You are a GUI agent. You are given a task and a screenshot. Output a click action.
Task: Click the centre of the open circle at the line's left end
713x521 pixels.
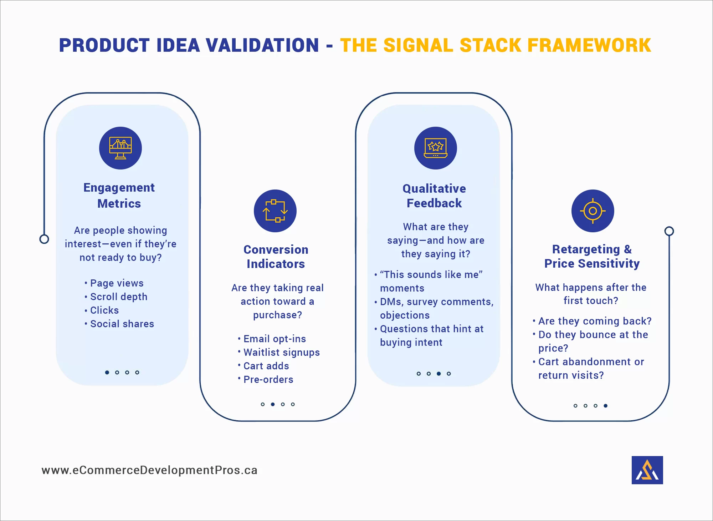44,239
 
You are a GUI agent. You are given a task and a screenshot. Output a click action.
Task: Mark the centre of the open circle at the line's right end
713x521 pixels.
669,231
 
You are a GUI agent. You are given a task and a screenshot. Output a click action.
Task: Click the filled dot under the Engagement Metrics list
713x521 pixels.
107,372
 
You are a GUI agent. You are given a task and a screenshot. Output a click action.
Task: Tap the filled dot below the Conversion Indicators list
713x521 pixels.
273,404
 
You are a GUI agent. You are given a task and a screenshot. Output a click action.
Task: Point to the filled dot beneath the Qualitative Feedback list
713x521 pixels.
439,374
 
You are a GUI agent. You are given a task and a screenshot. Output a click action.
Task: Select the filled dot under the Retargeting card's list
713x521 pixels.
606,406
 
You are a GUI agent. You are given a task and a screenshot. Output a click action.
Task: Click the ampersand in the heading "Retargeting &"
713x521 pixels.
628,249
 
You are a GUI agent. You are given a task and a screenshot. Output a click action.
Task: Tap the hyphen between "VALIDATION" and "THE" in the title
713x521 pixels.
329,46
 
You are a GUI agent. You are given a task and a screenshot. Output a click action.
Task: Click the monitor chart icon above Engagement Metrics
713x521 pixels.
120,148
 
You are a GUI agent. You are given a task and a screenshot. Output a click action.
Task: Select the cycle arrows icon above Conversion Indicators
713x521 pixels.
275,211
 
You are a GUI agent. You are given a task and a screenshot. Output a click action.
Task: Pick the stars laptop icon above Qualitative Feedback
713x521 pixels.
436,148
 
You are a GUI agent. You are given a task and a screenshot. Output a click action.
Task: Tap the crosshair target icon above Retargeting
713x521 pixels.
593,211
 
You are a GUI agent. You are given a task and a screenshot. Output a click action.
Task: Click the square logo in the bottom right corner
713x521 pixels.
647,470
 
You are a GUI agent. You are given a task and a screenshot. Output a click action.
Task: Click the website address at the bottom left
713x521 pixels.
149,470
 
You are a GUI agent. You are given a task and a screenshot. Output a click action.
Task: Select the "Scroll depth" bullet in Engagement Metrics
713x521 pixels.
116,297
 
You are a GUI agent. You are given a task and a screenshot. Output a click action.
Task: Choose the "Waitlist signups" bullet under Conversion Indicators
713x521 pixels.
279,353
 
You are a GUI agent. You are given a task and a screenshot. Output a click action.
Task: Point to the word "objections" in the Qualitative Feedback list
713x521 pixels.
405,315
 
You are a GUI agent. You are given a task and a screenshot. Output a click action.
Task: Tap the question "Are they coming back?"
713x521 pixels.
592,321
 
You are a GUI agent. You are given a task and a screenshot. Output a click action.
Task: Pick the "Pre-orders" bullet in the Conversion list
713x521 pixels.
266,379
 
